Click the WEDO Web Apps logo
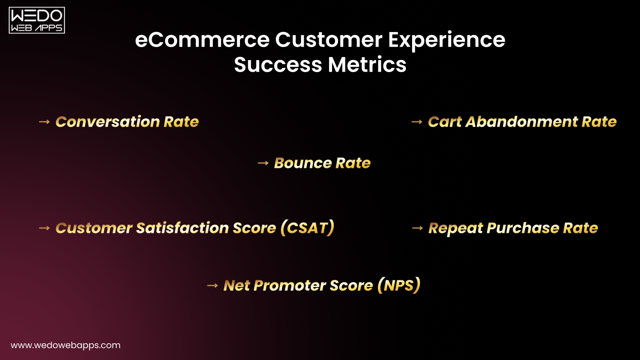37,20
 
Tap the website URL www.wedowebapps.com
65,345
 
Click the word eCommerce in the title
202,40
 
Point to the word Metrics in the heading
367,65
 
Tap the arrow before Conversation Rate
44,122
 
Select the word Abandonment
521,122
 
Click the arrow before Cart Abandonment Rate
417,122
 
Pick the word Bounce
303,163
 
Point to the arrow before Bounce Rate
263,163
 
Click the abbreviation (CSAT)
307,228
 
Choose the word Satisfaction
182,228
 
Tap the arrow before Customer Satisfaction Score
44,228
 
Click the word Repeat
455,228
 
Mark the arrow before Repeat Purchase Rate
417,228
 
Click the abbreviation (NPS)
399,285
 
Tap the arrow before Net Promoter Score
212,285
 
